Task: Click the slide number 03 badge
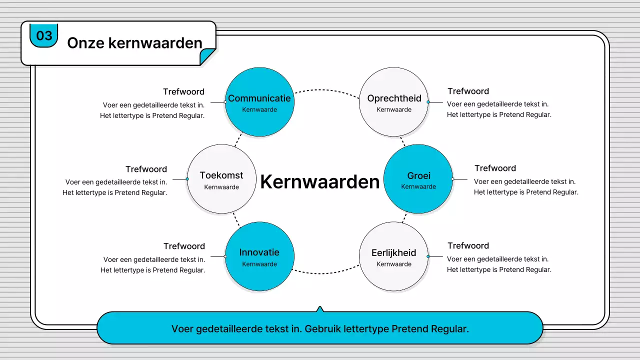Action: coord(44,35)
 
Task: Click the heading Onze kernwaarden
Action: coord(134,43)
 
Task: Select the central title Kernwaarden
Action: coord(319,181)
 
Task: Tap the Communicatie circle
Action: coord(259,102)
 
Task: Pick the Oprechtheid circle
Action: coord(394,102)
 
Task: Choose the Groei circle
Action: coord(418,179)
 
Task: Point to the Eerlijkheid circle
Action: coord(394,256)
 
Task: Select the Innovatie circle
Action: coord(259,256)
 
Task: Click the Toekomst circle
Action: coord(221,179)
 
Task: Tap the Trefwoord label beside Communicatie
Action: coord(183,91)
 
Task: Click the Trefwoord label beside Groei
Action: coord(495,168)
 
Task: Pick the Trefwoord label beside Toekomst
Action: coord(146,169)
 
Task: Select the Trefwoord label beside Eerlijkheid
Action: coord(468,245)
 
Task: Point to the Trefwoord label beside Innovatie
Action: coord(184,246)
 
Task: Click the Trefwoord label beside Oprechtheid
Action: coord(468,91)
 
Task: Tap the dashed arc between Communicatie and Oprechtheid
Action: coord(326,90)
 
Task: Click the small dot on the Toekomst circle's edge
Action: coord(187,179)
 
